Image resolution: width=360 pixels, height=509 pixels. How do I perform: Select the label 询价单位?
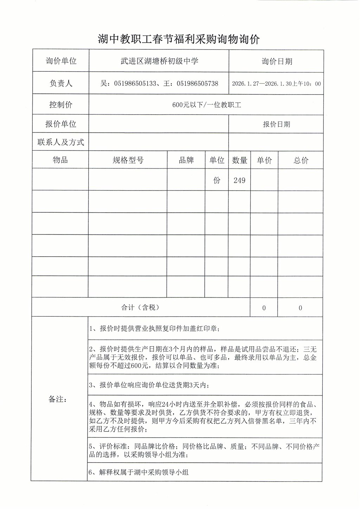(61, 61)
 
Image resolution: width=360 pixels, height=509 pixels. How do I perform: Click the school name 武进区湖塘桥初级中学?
(159, 61)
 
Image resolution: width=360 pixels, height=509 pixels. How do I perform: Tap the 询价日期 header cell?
(277, 62)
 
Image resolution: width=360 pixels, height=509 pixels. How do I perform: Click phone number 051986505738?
(197, 84)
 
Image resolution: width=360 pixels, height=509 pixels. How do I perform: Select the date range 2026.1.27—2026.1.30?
(262, 84)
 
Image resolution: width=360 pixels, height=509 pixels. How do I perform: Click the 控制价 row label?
(61, 105)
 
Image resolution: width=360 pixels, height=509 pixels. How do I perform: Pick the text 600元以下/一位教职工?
(206, 105)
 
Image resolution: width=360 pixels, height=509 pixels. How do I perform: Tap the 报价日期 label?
(276, 124)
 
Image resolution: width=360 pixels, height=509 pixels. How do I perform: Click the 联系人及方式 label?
(61, 142)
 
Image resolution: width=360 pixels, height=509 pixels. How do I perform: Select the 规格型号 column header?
(128, 160)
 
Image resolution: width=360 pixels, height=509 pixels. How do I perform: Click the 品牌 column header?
(186, 160)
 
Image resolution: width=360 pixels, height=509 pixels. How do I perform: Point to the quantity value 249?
(239, 180)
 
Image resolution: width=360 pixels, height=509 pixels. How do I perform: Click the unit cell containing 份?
(217, 180)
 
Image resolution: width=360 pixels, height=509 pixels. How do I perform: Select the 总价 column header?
(301, 160)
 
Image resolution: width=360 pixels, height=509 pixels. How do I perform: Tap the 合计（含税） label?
(140, 308)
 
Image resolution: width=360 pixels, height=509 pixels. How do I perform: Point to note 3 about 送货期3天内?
(149, 385)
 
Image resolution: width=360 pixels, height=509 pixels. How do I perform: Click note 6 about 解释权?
(139, 472)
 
